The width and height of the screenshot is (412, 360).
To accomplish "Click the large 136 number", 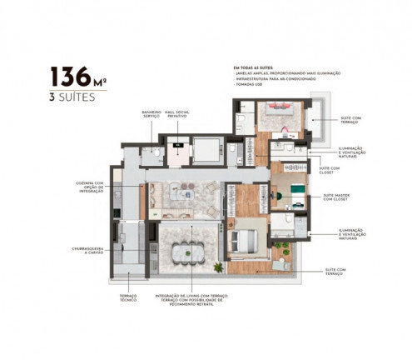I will pyautogui.click(x=72, y=77).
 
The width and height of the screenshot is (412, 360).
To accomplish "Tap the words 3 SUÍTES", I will pyautogui.click(x=73, y=97).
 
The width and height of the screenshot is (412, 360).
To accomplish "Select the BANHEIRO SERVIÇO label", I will pyautogui.click(x=151, y=115).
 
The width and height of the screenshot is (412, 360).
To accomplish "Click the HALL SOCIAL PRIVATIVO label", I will pyautogui.click(x=176, y=115).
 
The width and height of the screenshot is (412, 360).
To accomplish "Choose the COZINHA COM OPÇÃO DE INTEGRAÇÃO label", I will pyautogui.click(x=87, y=188).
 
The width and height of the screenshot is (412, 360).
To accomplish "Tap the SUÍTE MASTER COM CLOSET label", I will pyautogui.click(x=336, y=199).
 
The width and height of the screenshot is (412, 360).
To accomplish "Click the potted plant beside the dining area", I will pyautogui.click(x=218, y=267).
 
